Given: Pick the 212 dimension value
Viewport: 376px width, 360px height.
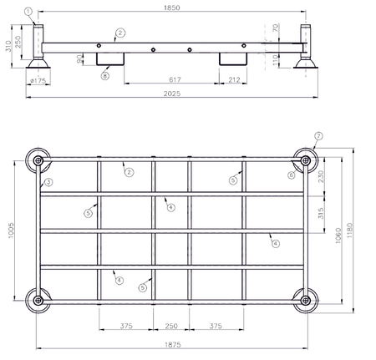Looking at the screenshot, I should [233, 80].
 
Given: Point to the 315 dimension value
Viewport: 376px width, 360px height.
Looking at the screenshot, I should [322, 213].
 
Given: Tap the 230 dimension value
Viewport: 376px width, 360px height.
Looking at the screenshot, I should [322, 177].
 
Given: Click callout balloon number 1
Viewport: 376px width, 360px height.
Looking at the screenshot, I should [29, 12].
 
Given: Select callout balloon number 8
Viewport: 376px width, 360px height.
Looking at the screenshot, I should [104, 76].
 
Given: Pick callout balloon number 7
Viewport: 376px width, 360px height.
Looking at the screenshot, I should [318, 135].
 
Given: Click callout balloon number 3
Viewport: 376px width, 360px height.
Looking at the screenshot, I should [49, 181].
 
